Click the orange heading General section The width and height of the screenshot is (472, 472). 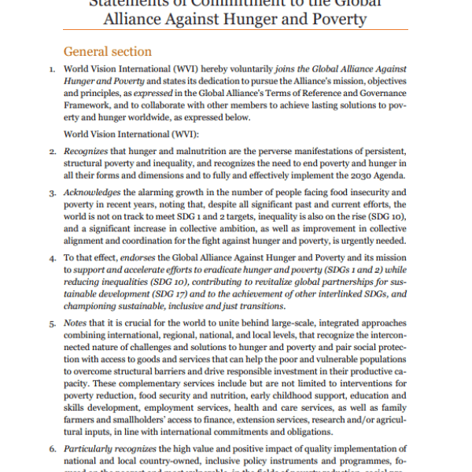click(x=107, y=52)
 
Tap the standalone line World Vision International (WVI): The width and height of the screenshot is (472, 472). click(x=123, y=134)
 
